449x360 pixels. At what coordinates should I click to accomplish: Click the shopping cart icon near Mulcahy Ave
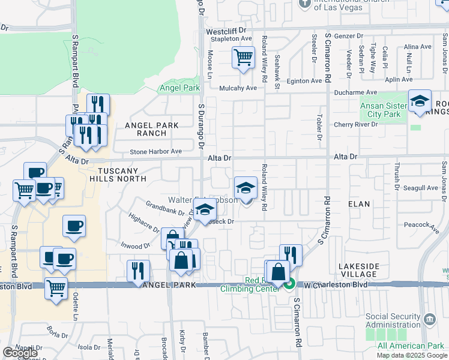243,58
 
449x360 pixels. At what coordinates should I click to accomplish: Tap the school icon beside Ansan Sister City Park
420,101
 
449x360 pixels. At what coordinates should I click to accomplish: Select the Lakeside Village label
359,269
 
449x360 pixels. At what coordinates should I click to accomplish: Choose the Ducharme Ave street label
355,93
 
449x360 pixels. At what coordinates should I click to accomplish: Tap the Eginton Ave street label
304,81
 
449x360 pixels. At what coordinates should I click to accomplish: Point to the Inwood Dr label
134,246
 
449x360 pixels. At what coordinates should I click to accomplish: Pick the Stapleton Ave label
229,39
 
